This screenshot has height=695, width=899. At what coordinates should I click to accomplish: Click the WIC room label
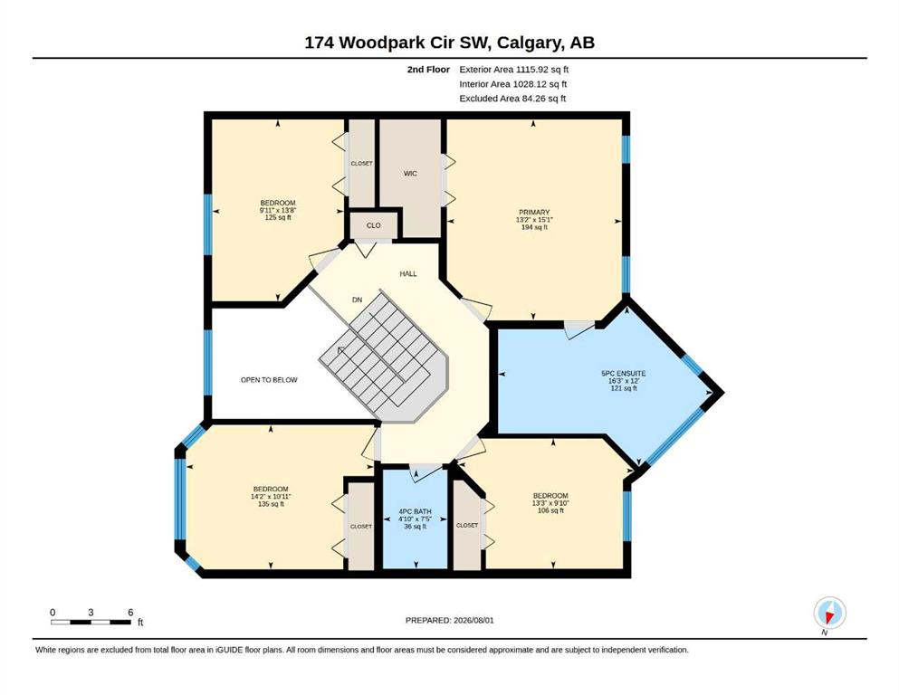coord(410,174)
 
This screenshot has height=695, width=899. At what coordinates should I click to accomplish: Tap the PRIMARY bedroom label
coord(534,212)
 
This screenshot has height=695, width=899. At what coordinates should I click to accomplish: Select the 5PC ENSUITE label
coord(623,373)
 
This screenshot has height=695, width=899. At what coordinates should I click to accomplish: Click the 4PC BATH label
coord(416,511)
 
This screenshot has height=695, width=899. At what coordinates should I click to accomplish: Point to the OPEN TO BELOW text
coord(269,380)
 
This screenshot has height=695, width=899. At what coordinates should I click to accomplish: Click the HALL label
coord(408,274)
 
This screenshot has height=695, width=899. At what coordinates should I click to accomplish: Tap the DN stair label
coord(358,300)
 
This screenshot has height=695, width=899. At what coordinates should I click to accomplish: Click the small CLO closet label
coord(373,225)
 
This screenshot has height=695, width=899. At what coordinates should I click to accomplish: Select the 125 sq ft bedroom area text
coord(278,218)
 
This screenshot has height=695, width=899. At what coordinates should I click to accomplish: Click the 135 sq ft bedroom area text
coord(271,504)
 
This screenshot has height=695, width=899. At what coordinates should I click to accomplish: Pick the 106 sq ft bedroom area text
coord(550,510)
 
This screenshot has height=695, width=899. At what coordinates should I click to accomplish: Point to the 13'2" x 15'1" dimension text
coord(534,219)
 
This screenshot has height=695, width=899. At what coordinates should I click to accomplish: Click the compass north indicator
coord(829,613)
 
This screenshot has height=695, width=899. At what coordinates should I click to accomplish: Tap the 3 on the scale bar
coord(91,613)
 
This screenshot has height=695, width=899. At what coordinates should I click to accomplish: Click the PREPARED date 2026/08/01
coord(473,620)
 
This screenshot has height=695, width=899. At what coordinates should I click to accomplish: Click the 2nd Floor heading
coord(428,70)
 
